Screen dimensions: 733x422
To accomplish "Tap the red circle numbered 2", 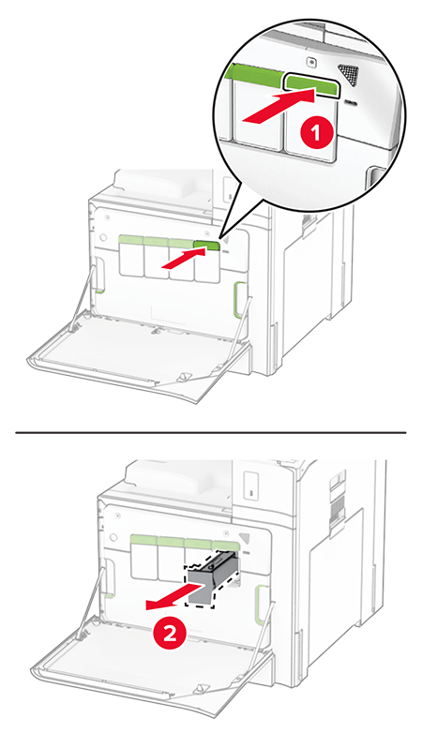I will coord(169,633).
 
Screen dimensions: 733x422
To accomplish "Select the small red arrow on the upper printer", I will coord(180,265).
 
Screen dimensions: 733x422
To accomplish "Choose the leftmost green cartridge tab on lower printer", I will coord(143,540).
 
